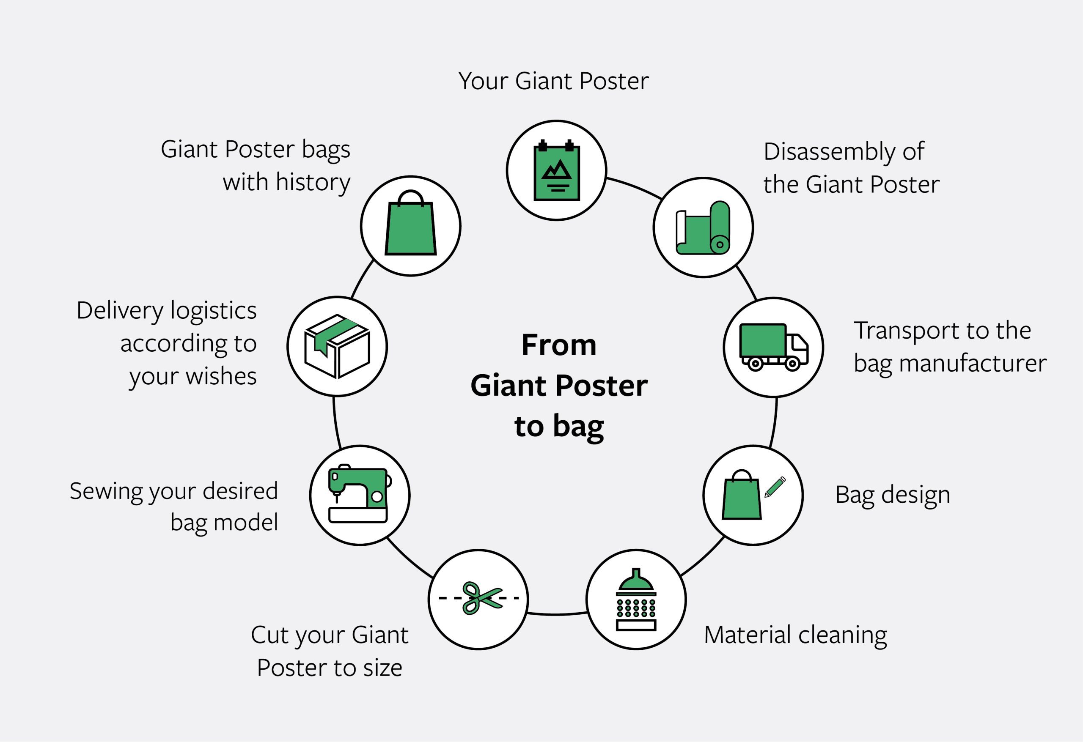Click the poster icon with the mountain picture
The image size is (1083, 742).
556,171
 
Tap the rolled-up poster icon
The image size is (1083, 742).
703,228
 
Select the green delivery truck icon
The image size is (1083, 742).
774,347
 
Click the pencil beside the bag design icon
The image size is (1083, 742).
775,487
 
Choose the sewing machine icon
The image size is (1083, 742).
359,495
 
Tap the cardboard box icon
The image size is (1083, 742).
337,346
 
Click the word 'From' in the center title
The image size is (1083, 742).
559,345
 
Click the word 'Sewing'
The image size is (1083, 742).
106,491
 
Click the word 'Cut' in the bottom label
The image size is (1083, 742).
268,635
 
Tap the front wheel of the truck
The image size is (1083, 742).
792,363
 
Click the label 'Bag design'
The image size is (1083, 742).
892,495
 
